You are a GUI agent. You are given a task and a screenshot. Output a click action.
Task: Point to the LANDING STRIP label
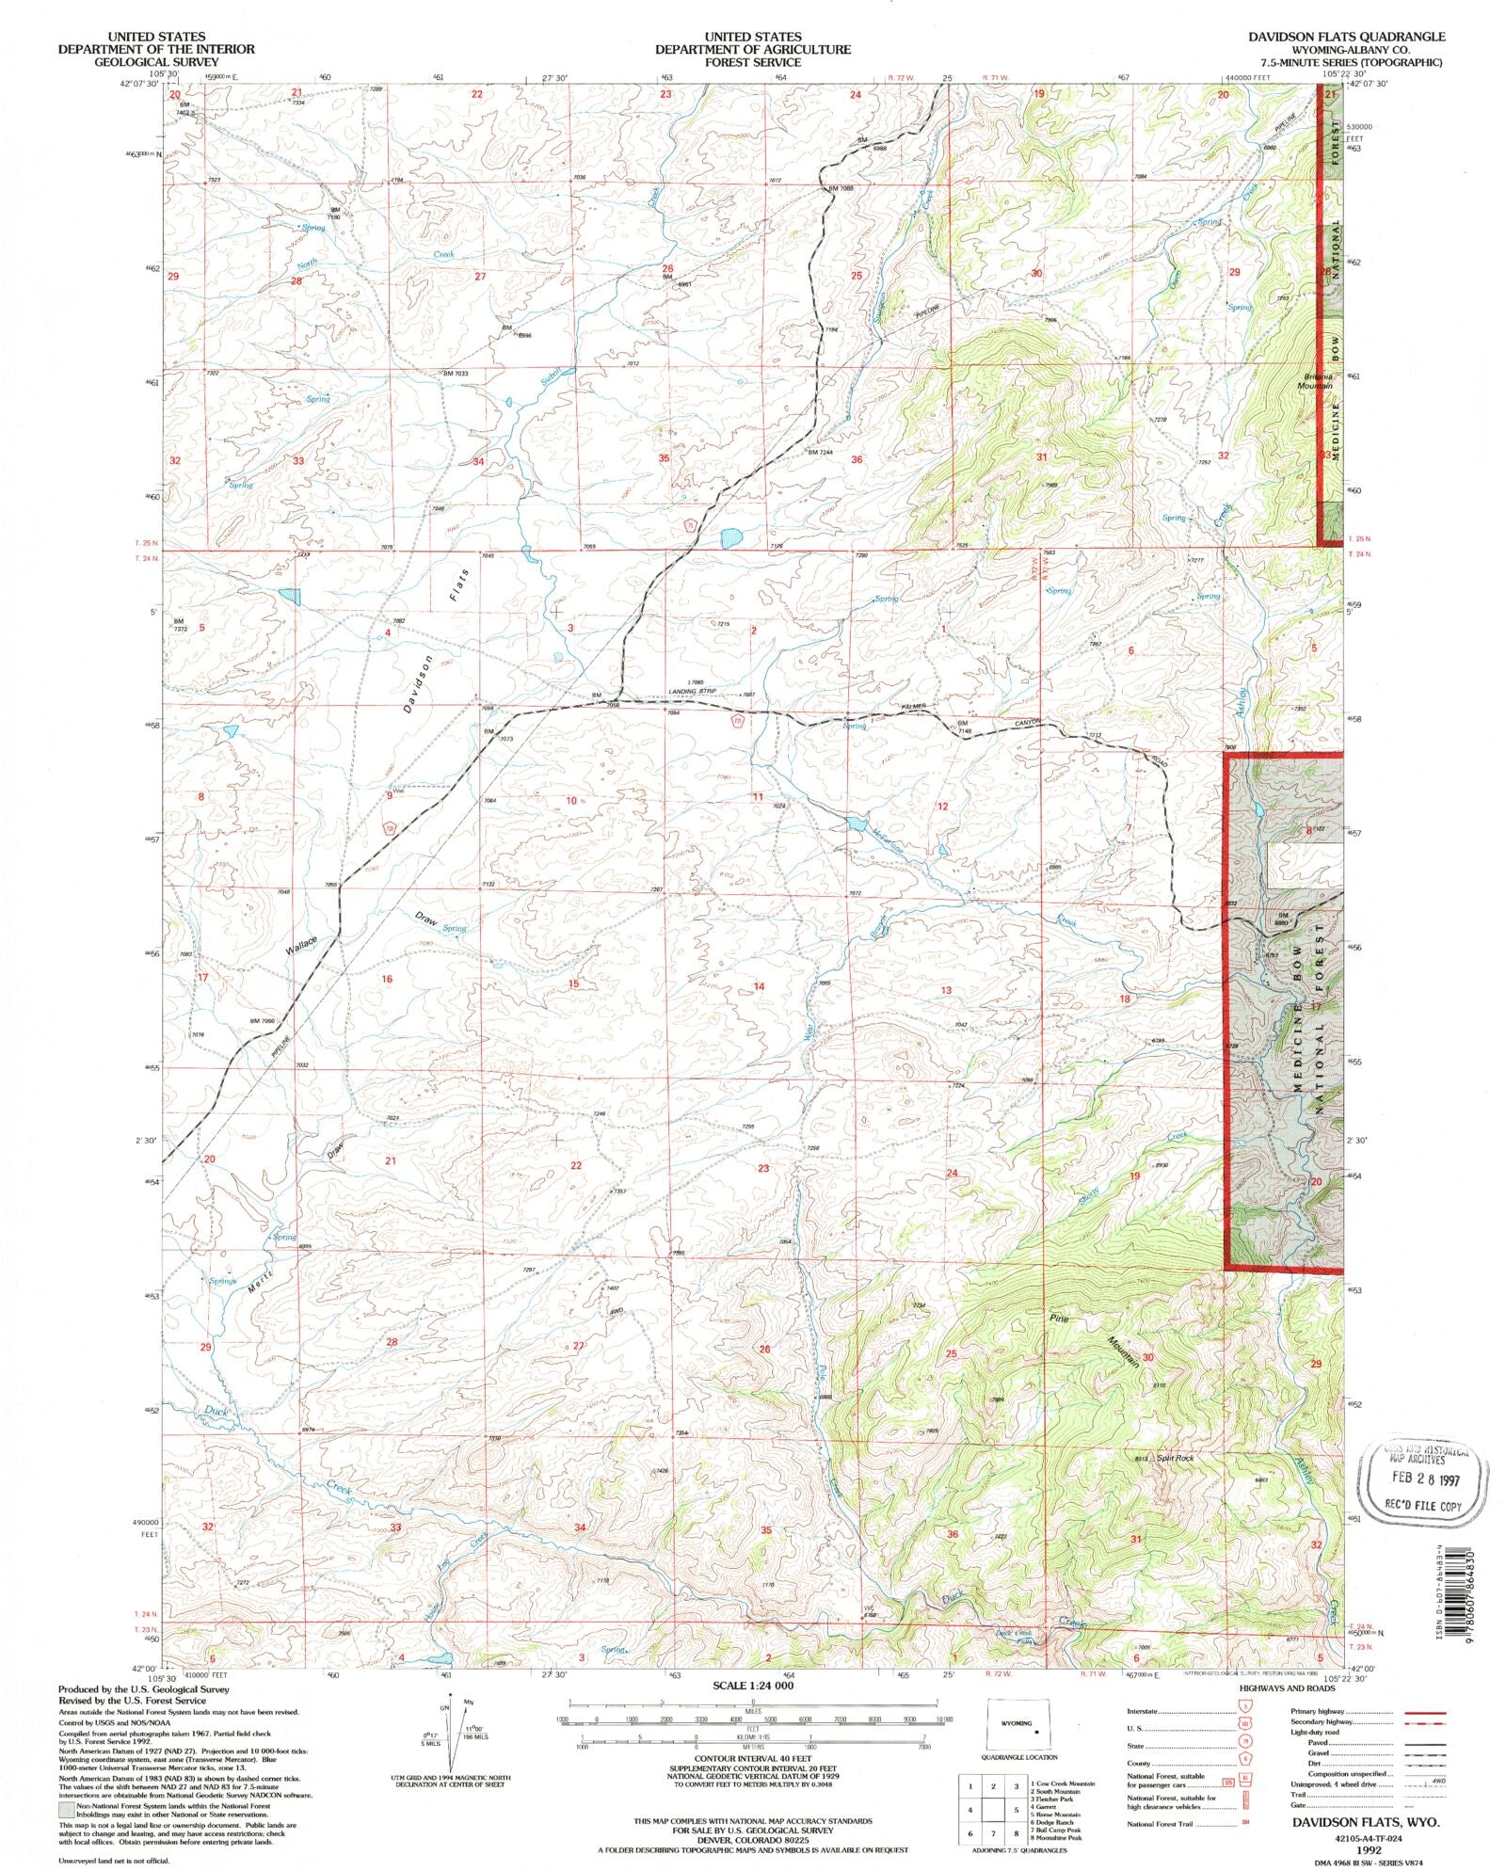695,692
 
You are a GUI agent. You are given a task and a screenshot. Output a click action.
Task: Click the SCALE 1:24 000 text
752,1685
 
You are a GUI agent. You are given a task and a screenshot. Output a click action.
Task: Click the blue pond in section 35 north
730,538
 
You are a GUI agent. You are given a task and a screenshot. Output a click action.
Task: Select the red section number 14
759,985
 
